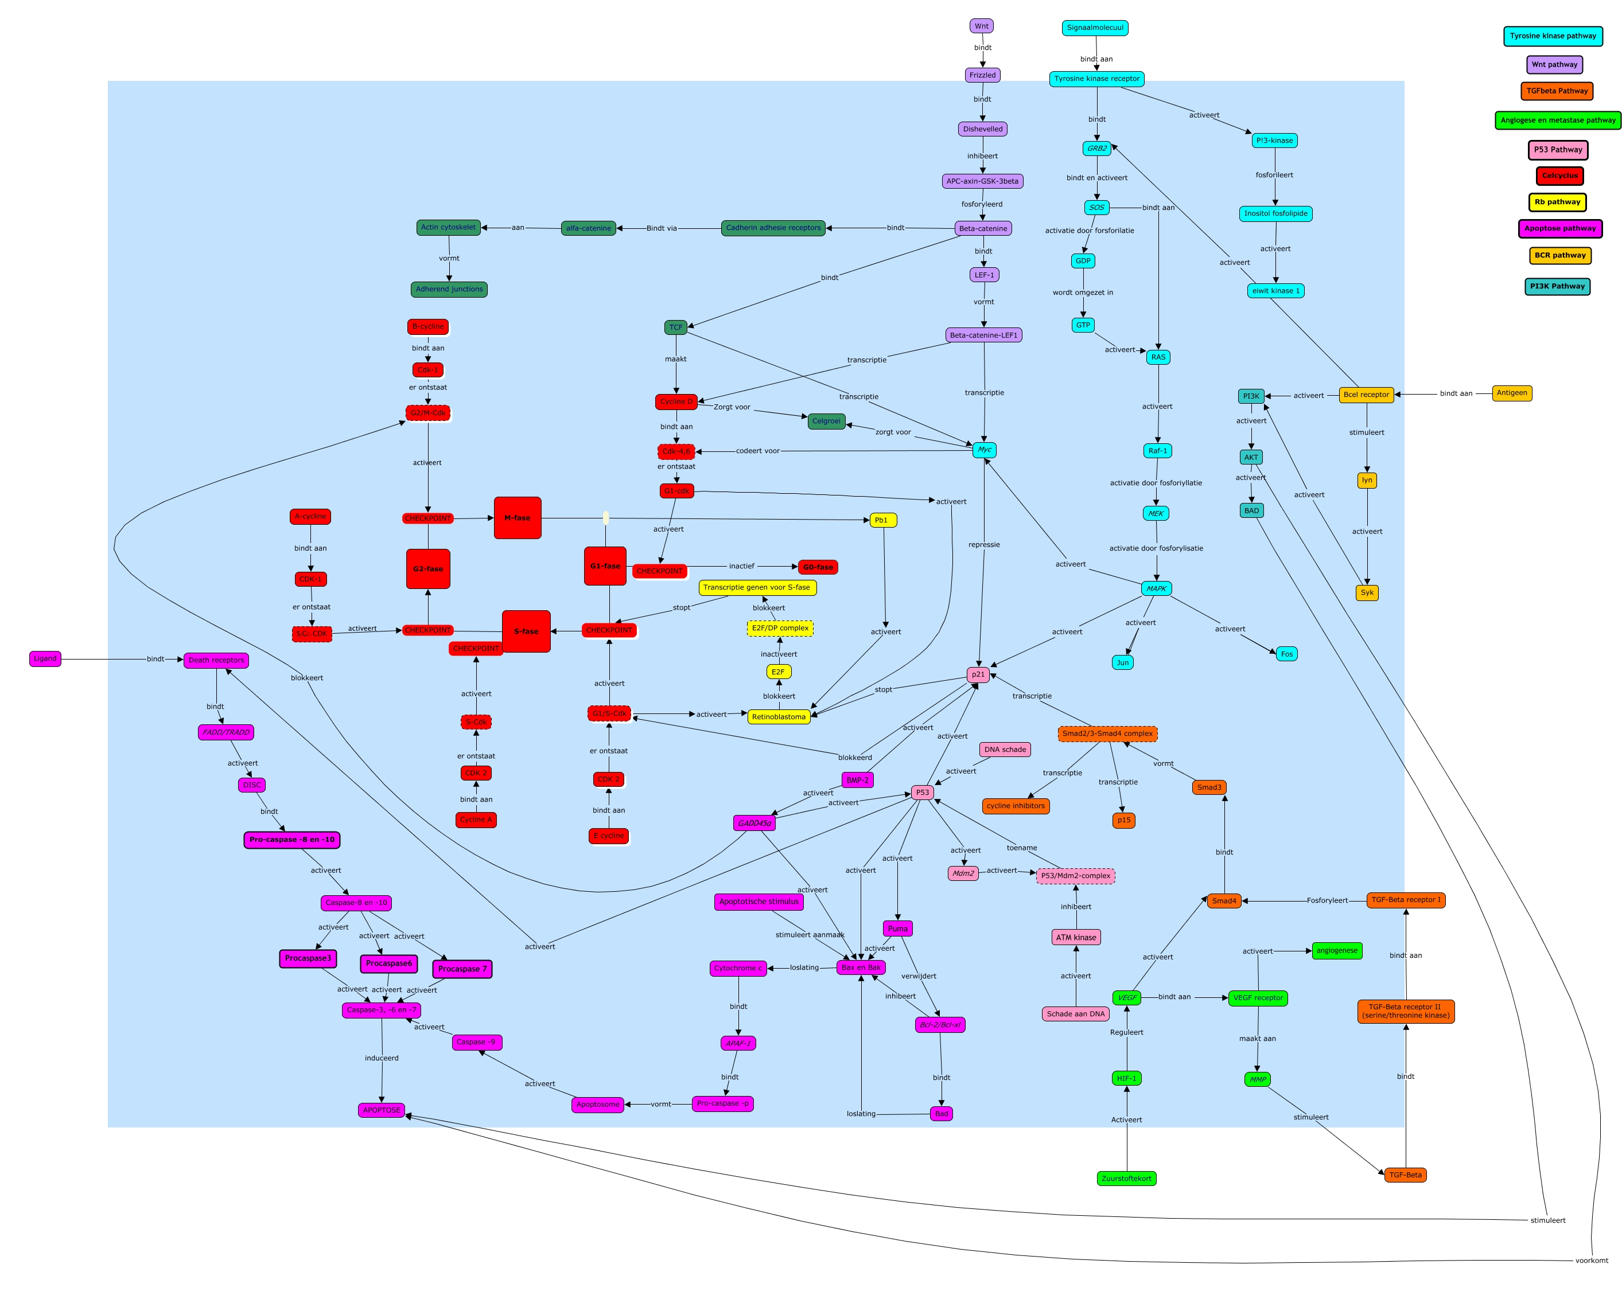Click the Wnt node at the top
pos(981,26)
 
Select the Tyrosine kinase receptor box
pos(1096,79)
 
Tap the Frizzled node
pos(982,75)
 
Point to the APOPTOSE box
pos(382,1110)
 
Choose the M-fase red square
pos(518,518)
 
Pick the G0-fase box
pos(818,567)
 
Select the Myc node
pos(984,450)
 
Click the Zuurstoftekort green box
pos(1126,1179)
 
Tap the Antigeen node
pos(1511,393)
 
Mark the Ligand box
pos(45,659)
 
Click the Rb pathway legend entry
pos(1557,202)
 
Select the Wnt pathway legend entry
pos(1554,65)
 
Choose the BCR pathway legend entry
pos(1559,255)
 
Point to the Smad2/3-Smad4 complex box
pos(1107,734)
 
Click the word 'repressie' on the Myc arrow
pos(984,544)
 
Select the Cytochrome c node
pos(738,968)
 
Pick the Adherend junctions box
pos(450,289)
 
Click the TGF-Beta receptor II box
pos(1405,1011)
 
